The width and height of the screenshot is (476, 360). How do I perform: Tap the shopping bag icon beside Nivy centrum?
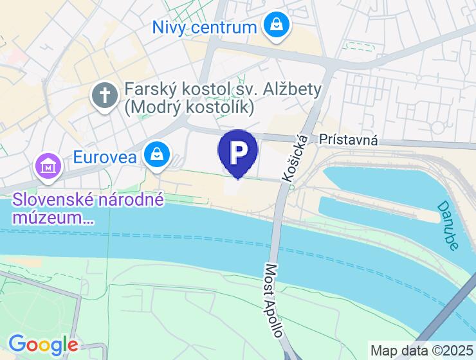(x=276, y=26)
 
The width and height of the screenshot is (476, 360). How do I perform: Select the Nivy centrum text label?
(x=205, y=27)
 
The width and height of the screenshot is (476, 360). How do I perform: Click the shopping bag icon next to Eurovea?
(x=156, y=154)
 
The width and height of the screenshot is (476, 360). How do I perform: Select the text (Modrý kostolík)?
(x=189, y=107)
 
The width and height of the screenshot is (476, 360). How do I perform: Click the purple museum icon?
(x=48, y=166)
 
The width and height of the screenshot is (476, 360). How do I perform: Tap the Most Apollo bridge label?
(x=274, y=300)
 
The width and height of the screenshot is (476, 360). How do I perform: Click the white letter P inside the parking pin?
(x=238, y=150)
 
